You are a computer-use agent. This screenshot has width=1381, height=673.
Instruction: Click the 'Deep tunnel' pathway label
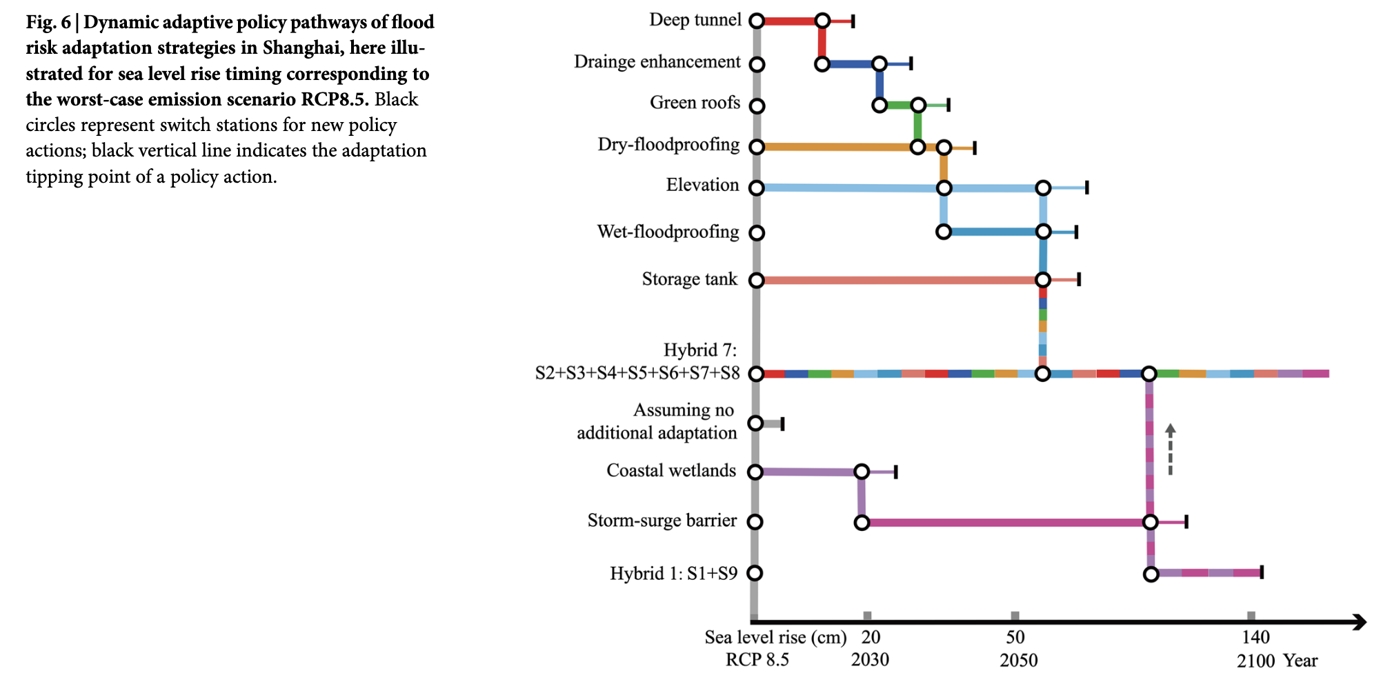tap(695, 20)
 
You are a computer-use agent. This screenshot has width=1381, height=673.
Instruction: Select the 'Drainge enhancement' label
tap(657, 62)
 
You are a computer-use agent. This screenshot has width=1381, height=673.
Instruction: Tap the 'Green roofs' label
tap(695, 103)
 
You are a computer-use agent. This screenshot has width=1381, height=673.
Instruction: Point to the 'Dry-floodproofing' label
tap(668, 145)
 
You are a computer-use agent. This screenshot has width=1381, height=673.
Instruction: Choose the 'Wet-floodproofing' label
tap(668, 232)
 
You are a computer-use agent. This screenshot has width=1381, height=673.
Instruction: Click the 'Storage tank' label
tap(689, 279)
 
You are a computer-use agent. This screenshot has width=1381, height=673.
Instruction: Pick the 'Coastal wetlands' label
tap(670, 471)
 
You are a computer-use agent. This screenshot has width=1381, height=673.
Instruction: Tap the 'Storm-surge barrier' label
tap(662, 521)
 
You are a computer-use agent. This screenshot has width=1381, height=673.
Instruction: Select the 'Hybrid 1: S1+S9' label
tap(673, 574)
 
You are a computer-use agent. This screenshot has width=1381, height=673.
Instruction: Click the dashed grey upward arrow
tap(1170, 449)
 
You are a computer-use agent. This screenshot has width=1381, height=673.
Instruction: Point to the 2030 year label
tap(870, 660)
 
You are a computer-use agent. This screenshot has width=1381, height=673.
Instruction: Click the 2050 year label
tap(1018, 660)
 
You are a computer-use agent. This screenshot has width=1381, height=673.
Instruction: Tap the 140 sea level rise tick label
tap(1255, 637)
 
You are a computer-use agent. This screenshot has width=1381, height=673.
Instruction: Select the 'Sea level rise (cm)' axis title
tap(775, 637)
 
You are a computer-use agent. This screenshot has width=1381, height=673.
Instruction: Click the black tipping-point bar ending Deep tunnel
tap(853, 21)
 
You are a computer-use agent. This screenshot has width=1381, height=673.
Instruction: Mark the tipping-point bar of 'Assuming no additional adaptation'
tap(782, 423)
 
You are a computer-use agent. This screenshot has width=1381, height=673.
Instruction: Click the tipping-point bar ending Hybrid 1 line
tap(1262, 572)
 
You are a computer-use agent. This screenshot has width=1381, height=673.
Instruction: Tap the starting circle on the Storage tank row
tap(757, 280)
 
